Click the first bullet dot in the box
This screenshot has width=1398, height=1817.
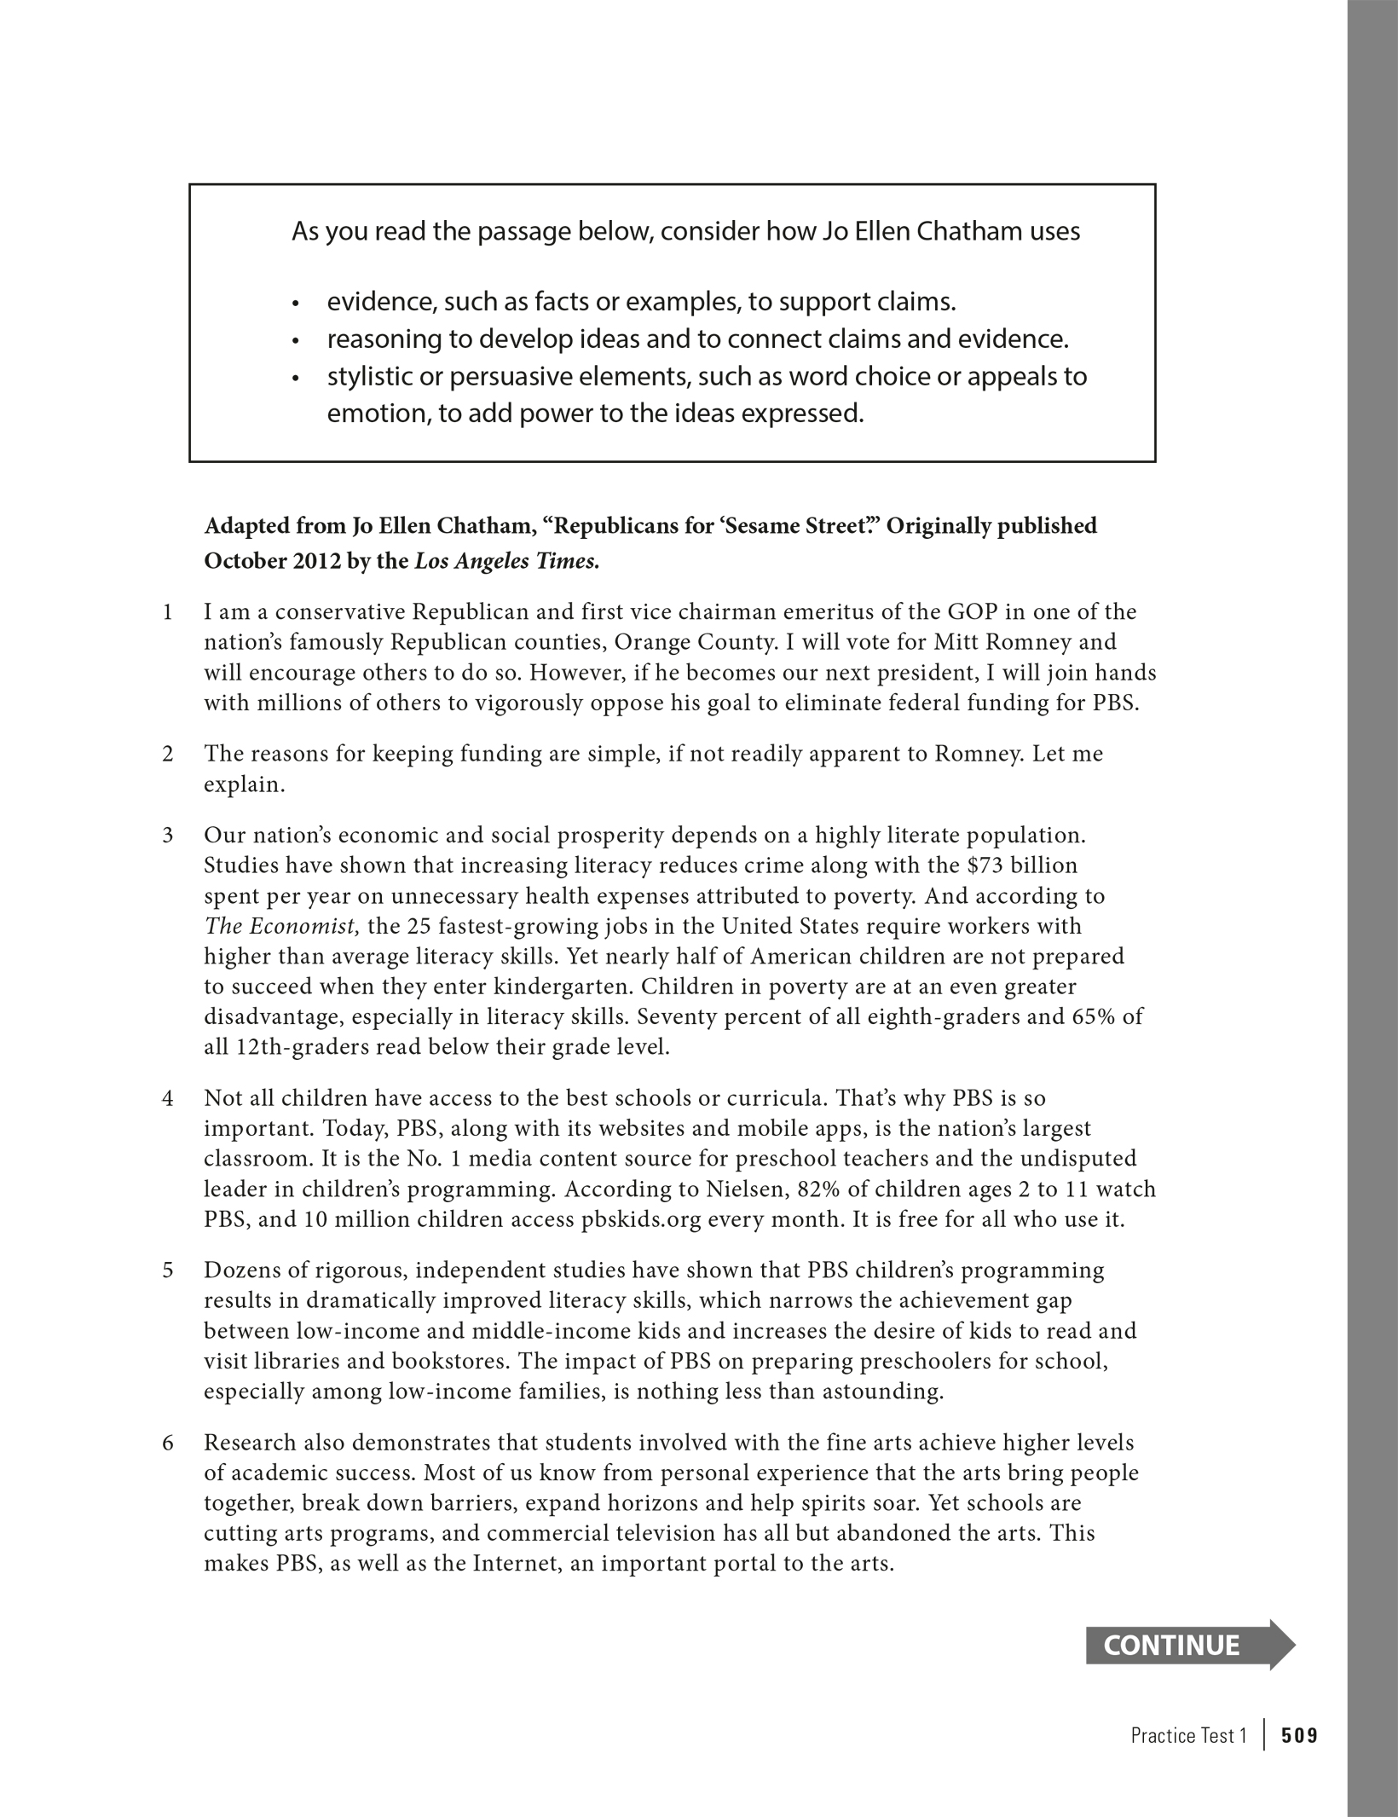pos(296,304)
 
